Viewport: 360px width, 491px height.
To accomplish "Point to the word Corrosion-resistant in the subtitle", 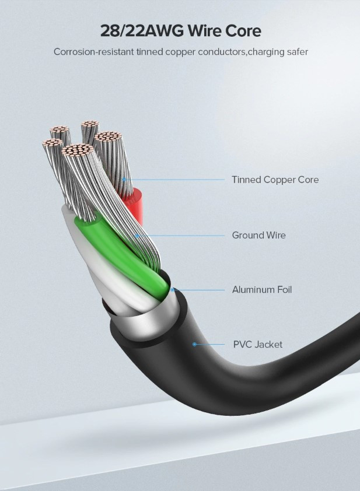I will coord(94,52).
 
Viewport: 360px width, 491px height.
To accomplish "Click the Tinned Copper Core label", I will coord(275,180).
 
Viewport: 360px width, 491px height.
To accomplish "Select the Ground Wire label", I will coord(258,236).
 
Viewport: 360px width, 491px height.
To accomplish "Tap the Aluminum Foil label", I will coord(262,289).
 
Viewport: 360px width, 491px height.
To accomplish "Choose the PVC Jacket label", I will coord(257,344).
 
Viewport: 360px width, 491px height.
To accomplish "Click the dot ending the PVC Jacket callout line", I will coord(194,344).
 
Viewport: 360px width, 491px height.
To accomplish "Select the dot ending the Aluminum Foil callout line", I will coord(173,289).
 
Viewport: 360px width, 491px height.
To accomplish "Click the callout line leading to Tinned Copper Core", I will coord(175,180).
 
